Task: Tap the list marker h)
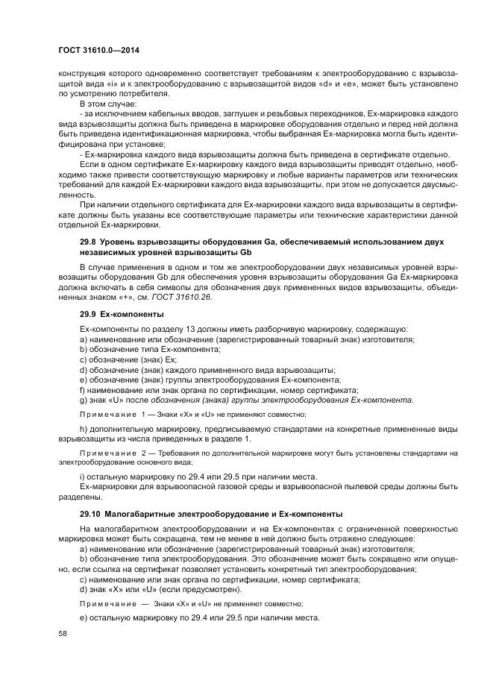(83, 430)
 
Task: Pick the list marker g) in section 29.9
(83, 400)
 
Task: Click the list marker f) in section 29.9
(82, 390)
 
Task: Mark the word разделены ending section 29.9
(76, 497)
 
